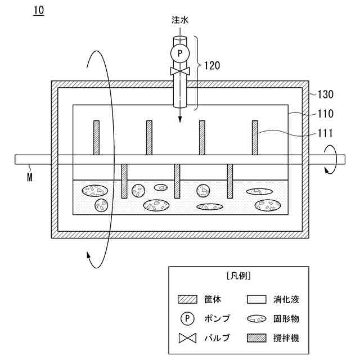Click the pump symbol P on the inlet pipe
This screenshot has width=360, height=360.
point(180,53)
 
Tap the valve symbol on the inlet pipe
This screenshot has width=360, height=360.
point(180,71)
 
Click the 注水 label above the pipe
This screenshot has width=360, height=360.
point(180,20)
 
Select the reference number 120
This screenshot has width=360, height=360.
point(211,65)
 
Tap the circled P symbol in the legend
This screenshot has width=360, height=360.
point(186,319)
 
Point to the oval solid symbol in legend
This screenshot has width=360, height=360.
point(256,319)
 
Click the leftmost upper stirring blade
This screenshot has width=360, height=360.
point(96,137)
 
